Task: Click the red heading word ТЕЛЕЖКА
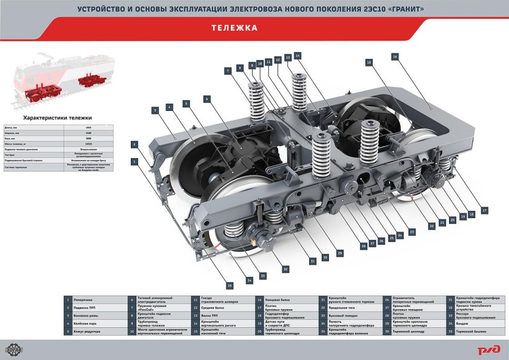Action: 235,28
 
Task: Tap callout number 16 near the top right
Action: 394,56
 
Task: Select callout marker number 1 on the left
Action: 134,161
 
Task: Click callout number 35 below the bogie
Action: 230,285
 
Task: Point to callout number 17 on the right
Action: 484,210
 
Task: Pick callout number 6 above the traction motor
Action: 207,98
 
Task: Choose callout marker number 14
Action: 298,56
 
